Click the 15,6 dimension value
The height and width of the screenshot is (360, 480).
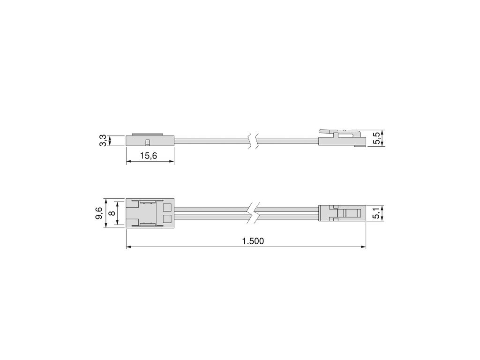(148, 156)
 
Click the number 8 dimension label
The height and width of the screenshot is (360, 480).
(111, 213)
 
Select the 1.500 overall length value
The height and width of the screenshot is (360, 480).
(253, 241)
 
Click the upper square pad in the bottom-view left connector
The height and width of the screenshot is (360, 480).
(167, 208)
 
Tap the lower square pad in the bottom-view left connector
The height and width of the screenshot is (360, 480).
(167, 218)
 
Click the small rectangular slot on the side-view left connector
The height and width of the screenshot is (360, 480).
(147, 142)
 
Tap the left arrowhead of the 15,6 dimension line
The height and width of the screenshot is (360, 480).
(128, 162)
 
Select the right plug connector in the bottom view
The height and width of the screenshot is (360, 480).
(342, 213)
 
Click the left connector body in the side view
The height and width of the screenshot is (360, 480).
(150, 141)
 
